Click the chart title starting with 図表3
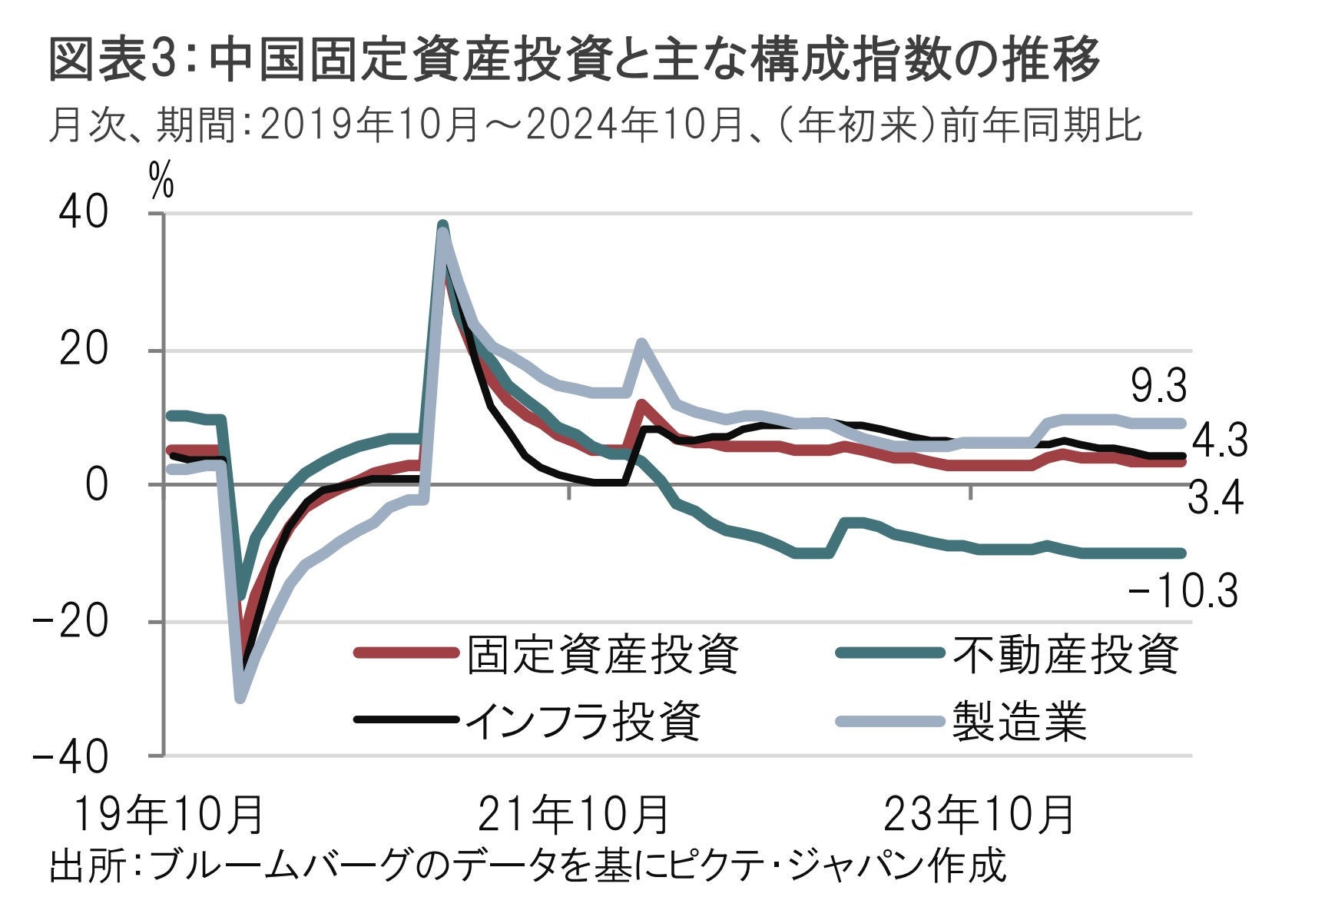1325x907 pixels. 574,59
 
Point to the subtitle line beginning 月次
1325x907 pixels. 595,126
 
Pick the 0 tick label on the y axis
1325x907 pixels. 96,485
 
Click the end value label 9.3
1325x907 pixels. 1159,387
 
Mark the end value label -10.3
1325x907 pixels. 1183,593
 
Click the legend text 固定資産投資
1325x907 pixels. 603,654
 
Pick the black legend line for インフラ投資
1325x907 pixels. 406,720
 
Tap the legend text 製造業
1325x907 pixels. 1019,721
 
